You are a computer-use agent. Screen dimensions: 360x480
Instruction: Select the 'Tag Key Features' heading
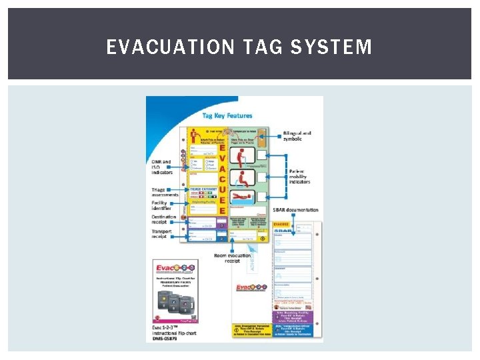(227, 115)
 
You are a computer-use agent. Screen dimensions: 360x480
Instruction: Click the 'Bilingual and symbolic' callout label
(297, 136)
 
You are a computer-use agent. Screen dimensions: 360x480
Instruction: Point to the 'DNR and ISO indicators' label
(162, 167)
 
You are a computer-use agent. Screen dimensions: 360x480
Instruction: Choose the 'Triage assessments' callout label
(164, 193)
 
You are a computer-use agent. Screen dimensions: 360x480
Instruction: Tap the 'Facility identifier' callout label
(161, 205)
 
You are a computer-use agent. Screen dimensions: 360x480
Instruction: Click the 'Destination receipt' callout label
(164, 220)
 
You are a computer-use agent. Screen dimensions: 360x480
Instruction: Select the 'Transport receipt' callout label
(161, 233)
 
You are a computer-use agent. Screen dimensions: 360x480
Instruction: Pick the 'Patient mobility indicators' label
(299, 176)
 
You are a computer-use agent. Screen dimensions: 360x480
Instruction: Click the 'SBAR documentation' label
(295, 210)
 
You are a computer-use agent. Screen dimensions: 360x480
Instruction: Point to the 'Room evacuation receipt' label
(231, 259)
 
